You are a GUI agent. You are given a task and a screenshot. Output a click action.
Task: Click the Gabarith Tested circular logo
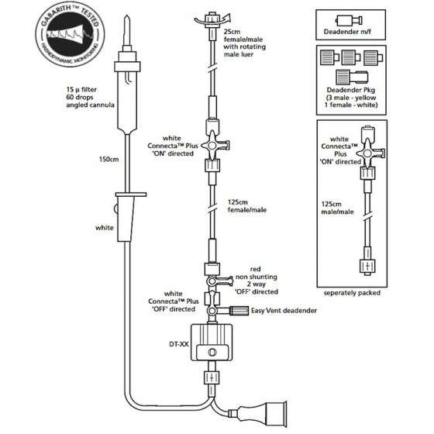click(70, 34)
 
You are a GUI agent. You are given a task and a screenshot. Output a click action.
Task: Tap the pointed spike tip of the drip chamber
click(127, 16)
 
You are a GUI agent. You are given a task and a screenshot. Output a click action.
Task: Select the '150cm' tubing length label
click(108, 160)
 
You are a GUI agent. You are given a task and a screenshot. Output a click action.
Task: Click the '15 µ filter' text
click(81, 89)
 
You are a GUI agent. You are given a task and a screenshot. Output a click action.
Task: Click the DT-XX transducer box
click(212, 343)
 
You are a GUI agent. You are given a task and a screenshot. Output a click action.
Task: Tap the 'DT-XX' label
click(179, 344)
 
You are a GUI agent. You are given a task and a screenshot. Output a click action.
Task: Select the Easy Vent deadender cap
click(239, 311)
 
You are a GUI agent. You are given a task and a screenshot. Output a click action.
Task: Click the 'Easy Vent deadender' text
click(284, 311)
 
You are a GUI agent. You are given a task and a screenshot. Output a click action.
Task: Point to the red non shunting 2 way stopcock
click(217, 281)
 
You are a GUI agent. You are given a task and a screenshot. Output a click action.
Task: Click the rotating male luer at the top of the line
click(212, 20)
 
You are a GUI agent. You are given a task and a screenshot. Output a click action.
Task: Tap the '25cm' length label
click(232, 32)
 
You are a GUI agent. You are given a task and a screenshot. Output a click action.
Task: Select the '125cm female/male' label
click(247, 206)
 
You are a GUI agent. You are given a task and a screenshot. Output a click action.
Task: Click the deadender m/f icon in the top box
click(349, 20)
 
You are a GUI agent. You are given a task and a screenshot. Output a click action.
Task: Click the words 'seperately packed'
click(352, 293)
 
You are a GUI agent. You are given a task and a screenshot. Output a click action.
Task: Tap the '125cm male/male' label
click(337, 208)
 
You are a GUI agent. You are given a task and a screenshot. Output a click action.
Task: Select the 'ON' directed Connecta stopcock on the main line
click(214, 146)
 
